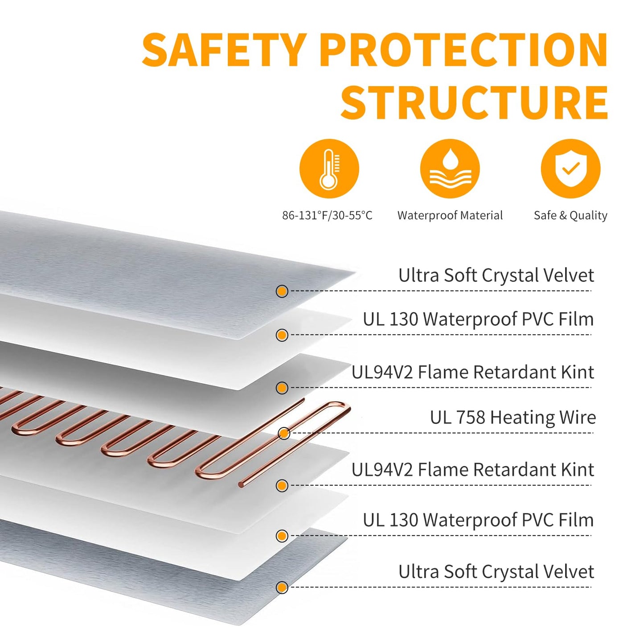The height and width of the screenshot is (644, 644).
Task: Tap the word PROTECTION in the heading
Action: (x=464, y=49)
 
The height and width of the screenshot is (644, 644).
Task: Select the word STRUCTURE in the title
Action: (x=474, y=102)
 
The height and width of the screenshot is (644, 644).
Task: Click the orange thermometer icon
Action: (x=329, y=168)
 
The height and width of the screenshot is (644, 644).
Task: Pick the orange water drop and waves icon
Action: (x=450, y=168)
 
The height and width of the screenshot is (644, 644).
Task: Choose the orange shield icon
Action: (x=570, y=168)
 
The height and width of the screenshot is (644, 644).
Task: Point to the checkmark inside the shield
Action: (x=570, y=168)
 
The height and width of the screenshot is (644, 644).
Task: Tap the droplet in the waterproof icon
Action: (x=450, y=157)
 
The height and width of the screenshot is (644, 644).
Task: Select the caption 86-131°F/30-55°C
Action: (x=327, y=215)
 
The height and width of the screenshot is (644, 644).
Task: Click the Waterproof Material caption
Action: (x=450, y=215)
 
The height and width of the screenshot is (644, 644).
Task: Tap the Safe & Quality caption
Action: (x=570, y=215)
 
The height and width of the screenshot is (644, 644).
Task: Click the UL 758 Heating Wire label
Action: (x=513, y=418)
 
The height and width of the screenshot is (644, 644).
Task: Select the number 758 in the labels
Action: (x=471, y=418)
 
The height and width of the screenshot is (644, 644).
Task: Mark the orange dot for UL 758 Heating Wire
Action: (x=284, y=433)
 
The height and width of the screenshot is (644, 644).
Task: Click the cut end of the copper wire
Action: (x=241, y=484)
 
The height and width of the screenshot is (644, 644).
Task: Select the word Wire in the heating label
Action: (x=578, y=418)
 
